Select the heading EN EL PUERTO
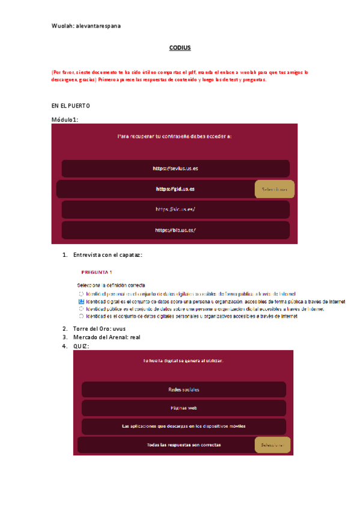(70, 105)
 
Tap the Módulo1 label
(66, 119)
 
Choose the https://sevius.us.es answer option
(175, 169)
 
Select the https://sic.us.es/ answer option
(175, 209)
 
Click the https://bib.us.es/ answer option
(175, 230)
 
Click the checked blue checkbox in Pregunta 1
(81, 301)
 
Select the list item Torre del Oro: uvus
(99, 328)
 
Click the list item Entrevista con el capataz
(108, 255)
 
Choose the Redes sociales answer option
(183, 390)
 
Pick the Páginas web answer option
(183, 408)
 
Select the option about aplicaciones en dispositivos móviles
(183, 426)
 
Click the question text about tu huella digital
(183, 361)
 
